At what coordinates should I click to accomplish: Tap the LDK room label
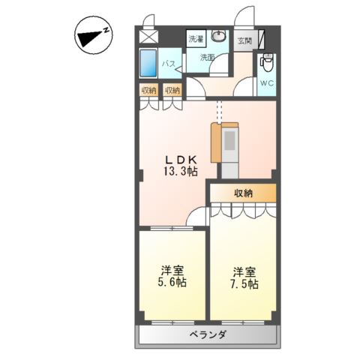pyautogui.click(x=180, y=160)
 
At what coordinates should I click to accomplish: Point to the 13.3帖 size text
pyautogui.click(x=180, y=172)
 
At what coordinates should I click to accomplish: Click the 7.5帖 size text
pyautogui.click(x=244, y=284)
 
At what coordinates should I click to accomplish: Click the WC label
pyautogui.click(x=267, y=83)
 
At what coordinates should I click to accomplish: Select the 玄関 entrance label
pyautogui.click(x=244, y=40)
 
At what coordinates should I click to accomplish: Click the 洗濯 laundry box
pyautogui.click(x=195, y=38)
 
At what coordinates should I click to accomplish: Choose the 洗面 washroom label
pyautogui.click(x=207, y=57)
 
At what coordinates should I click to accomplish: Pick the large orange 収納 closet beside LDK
pyautogui.click(x=242, y=193)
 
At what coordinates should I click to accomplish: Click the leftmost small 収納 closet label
pyautogui.click(x=148, y=90)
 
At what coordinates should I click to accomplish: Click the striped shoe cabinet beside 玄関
pyautogui.click(x=259, y=40)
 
